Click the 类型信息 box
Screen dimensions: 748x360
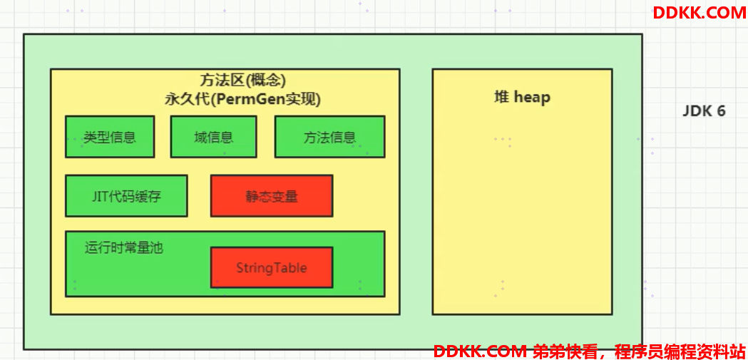[x=110, y=137]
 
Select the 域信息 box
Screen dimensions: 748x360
[x=214, y=137]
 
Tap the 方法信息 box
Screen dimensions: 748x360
[x=329, y=137]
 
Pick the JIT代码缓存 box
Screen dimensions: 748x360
[x=126, y=196]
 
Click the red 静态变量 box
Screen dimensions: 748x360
[x=272, y=196]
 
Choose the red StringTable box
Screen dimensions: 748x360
[x=272, y=267]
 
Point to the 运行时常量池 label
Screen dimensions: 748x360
[x=124, y=248]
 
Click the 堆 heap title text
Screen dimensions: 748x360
[x=522, y=97]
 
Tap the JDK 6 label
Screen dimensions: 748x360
[x=704, y=111]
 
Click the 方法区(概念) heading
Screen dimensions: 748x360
[x=242, y=80]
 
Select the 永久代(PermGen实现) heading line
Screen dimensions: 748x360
[x=242, y=100]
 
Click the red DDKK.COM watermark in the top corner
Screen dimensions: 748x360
[x=700, y=12]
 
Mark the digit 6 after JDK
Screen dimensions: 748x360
[x=721, y=111]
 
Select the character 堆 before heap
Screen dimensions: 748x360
[x=501, y=97]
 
